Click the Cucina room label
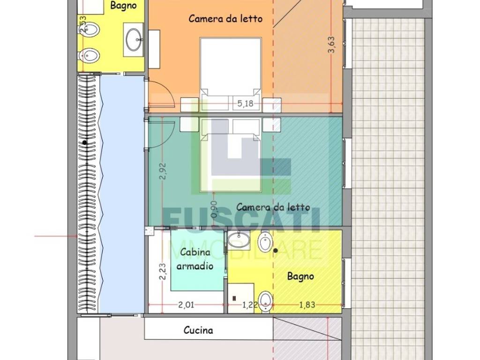coord(198,330)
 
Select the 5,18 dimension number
coord(245,104)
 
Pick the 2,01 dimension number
coord(186,305)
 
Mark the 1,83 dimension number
coord(307,305)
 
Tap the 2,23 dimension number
coord(162,271)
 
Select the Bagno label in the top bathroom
coord(123,6)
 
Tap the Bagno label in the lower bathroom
coord(300,276)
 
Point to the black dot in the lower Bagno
coord(275,251)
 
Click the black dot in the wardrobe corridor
coord(84,142)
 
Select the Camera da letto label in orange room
coord(225,19)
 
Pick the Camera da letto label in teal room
coord(273,207)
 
